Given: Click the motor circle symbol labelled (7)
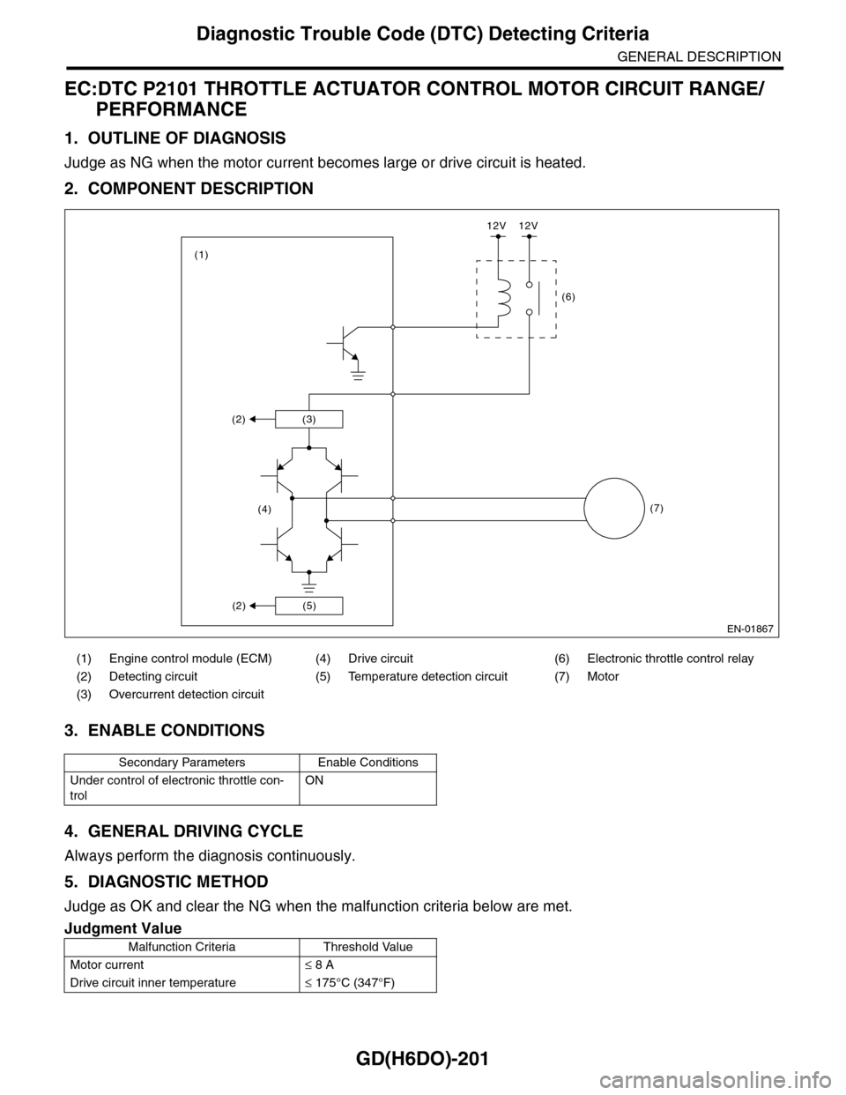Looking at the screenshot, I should [614, 508].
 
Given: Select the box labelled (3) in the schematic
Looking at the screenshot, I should [308, 420].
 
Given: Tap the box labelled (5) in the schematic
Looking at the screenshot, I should [308, 606].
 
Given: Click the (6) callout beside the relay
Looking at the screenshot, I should [568, 298].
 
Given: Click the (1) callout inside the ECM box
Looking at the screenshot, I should [202, 254].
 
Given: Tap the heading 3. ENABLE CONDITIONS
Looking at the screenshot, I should [164, 730].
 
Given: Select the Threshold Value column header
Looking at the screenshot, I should [367, 947].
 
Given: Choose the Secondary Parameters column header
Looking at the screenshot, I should [182, 763].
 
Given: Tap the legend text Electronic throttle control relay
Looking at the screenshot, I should [670, 659].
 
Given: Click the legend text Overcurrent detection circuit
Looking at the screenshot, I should [186, 695].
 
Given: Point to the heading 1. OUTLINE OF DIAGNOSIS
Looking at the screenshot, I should [174, 138].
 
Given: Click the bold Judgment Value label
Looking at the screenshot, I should [122, 927].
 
